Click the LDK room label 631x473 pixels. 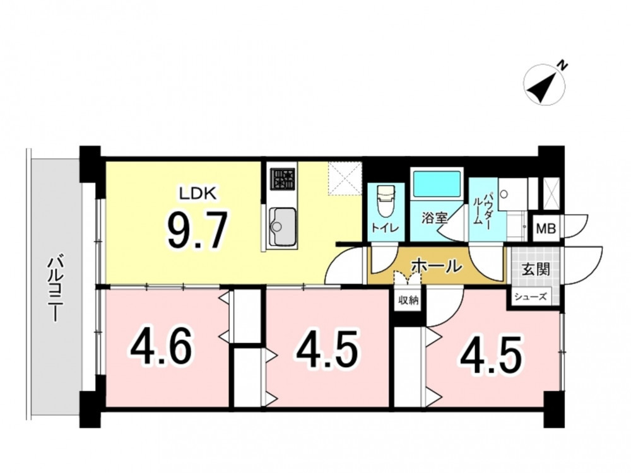click(198, 194)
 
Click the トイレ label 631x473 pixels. click(385, 228)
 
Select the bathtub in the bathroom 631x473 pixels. click(437, 184)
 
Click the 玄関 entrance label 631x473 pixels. click(536, 269)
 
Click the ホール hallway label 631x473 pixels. click(436, 266)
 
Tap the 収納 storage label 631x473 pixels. click(408, 300)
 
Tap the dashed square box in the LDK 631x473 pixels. click(345, 179)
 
